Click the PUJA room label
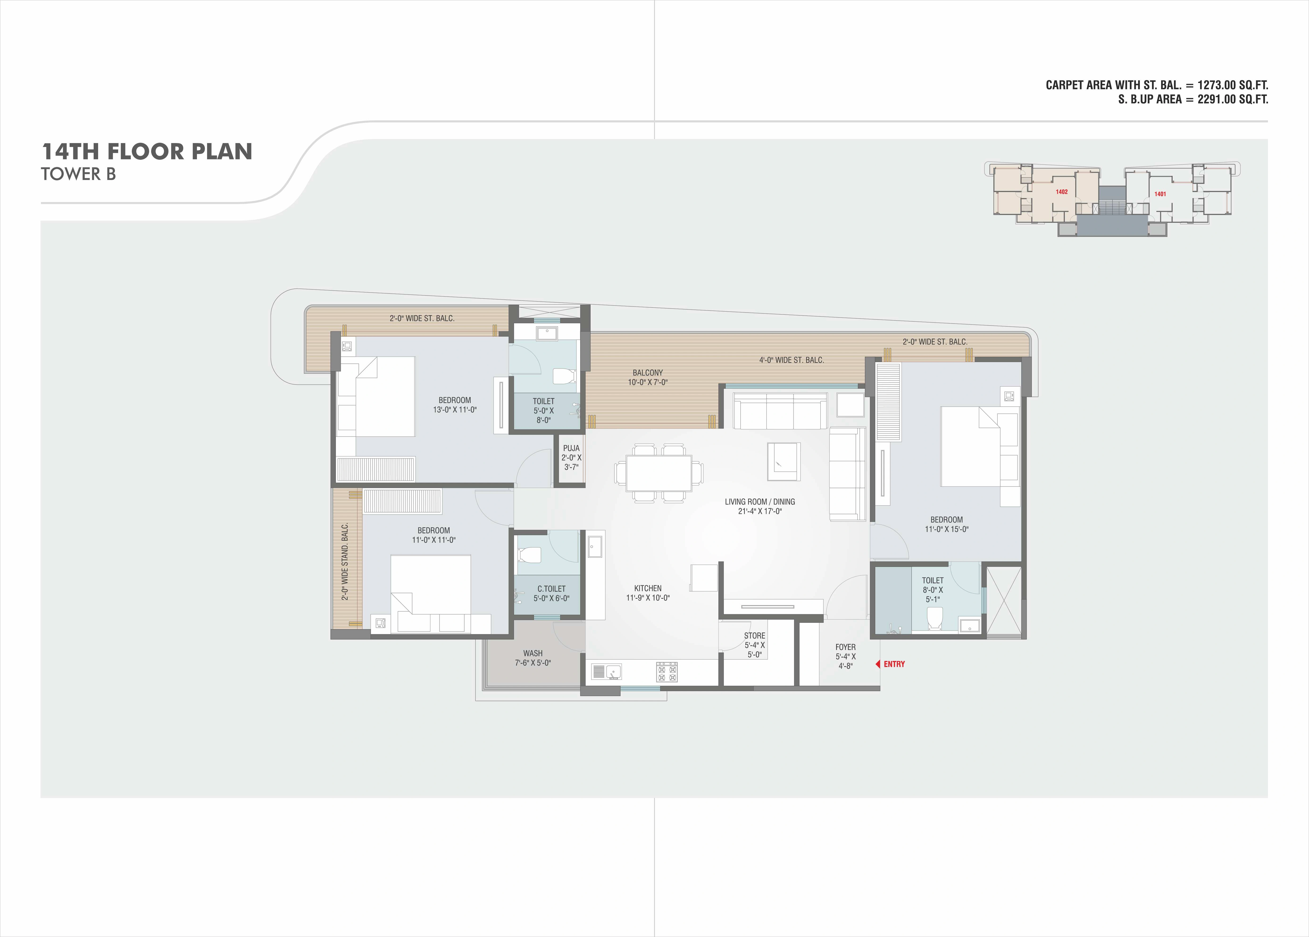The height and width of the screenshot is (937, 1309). point(571,448)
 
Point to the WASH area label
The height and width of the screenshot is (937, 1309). point(533,653)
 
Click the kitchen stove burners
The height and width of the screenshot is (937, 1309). point(667,672)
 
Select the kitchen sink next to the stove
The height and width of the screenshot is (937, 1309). point(606,672)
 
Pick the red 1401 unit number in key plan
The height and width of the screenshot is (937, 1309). point(1160,194)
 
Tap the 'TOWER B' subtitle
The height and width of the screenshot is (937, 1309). point(79,174)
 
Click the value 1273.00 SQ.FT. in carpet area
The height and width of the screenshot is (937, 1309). point(1233,85)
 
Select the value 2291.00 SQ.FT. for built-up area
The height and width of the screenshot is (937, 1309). point(1233,99)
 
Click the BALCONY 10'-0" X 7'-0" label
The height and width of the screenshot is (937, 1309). point(648,377)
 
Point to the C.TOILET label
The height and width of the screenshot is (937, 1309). point(551,589)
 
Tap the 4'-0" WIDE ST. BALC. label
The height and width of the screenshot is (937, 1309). point(791,360)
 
